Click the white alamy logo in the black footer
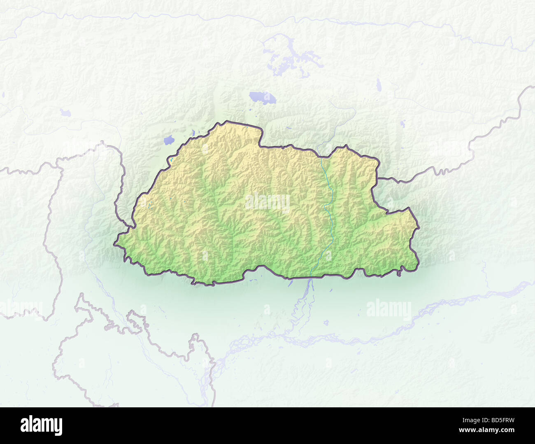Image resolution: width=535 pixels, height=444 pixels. click(x=41, y=425)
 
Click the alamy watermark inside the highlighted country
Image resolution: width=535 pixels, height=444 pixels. click(x=267, y=203)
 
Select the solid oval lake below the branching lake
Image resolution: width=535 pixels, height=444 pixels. click(x=262, y=98)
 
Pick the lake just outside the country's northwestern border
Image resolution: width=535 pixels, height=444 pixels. click(x=169, y=140)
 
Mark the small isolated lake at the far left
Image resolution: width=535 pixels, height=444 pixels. click(x=65, y=112)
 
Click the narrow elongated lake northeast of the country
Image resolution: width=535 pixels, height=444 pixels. click(x=379, y=85)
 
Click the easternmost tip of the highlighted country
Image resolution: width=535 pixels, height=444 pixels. click(x=419, y=264)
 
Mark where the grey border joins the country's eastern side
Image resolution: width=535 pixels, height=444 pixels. click(x=379, y=178)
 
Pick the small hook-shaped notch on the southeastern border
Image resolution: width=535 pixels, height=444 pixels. click(x=399, y=273)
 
